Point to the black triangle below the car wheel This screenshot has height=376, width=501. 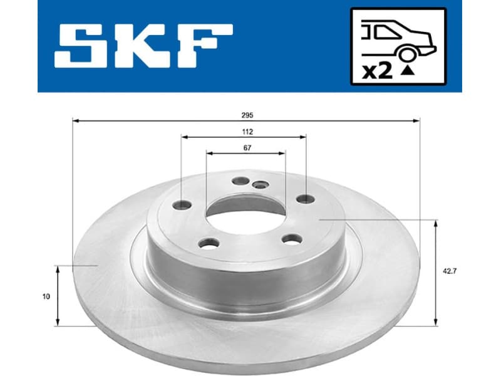(408, 71)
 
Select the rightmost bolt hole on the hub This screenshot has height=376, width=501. (305, 199)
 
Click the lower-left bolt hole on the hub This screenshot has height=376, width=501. (207, 243)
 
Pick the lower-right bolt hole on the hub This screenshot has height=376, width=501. (291, 238)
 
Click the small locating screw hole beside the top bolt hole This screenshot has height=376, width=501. (259, 184)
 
